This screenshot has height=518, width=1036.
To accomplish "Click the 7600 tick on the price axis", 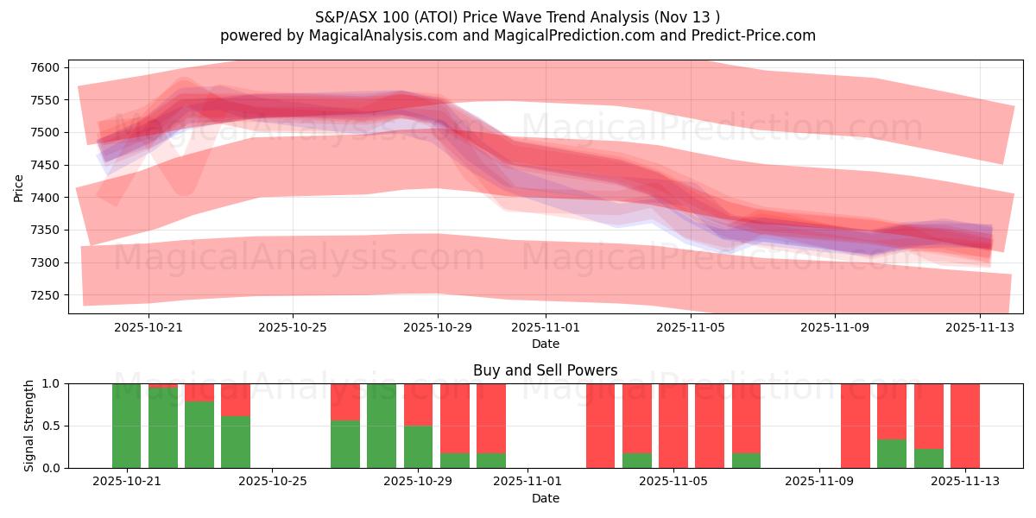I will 45,67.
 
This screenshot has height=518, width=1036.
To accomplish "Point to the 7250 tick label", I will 45,295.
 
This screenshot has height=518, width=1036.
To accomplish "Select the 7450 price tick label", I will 45,165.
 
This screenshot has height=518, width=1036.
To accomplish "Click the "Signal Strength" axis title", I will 29,426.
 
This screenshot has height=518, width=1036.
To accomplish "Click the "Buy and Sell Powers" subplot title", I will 545,370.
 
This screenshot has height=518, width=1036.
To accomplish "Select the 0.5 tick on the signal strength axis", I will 52,426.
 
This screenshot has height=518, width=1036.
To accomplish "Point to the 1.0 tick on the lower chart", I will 52,383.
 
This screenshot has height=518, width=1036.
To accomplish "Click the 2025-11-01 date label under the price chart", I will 545,327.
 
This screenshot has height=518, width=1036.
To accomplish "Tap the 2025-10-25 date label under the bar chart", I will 272,482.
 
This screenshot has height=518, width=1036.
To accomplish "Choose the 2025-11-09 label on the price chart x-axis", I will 834,327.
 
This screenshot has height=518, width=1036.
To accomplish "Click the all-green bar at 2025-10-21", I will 126,426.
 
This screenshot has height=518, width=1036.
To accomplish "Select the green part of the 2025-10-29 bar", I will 418,446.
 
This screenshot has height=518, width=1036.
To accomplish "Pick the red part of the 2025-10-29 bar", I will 418,404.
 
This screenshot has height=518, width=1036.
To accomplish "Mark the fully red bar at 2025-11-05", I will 673,426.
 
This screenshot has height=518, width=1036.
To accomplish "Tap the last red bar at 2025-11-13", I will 964,426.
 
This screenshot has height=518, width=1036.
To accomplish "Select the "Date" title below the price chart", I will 545,344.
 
